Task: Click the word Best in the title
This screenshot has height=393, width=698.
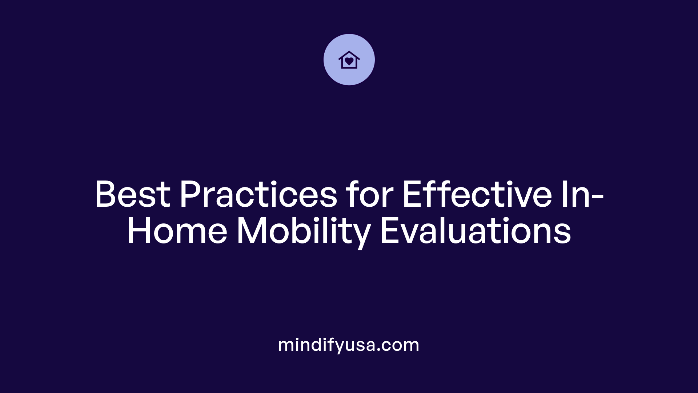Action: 133,195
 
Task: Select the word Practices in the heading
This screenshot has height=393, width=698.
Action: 258,195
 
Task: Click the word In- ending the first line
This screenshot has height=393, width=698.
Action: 583,195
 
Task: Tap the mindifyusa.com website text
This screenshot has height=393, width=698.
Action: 349,345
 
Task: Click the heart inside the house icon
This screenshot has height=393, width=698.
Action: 349,61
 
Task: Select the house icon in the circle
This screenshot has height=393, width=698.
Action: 349,60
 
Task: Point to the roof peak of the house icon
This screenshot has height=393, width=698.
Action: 349,52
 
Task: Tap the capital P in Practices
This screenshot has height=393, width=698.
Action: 190,195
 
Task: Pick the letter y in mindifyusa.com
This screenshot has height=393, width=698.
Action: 338,346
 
